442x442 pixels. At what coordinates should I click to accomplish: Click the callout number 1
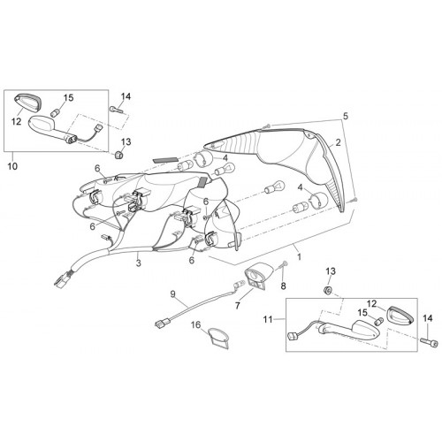tap(300, 256)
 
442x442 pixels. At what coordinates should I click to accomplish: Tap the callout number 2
tap(338, 142)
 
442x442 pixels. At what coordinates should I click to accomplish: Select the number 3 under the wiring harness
tap(139, 263)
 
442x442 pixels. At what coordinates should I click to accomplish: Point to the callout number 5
tap(346, 116)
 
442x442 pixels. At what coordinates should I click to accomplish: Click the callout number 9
tap(172, 294)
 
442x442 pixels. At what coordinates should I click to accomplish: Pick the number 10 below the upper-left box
tap(12, 166)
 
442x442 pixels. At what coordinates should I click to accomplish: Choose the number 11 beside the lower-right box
tap(268, 319)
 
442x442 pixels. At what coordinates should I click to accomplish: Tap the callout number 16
tap(195, 325)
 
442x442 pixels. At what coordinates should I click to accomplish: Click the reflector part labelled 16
tap(218, 339)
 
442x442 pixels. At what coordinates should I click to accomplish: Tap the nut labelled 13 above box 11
tap(327, 290)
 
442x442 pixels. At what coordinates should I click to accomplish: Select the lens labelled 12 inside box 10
tap(28, 102)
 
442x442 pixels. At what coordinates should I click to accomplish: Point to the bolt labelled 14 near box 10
tap(116, 110)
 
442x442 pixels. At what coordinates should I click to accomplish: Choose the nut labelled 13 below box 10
tap(118, 154)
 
